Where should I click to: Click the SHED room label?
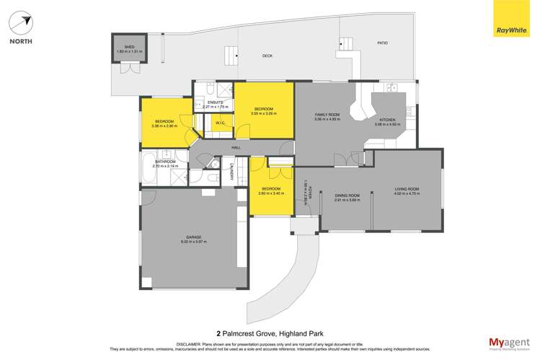(129, 49)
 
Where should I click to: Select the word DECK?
(267, 56)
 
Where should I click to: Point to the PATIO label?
(382, 43)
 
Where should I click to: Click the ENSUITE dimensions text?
(215, 107)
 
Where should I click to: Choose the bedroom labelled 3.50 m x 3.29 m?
(263, 111)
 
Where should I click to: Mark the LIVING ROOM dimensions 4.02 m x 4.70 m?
(406, 193)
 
